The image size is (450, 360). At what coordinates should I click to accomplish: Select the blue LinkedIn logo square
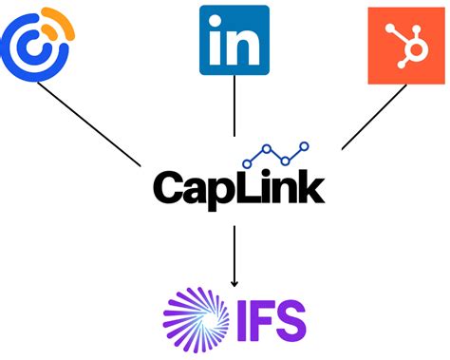tap(234, 40)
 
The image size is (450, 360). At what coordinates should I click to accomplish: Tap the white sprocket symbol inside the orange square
tap(403, 45)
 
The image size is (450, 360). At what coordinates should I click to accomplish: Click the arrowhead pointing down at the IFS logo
tap(234, 282)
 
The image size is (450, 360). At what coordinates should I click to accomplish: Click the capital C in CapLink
tap(168, 186)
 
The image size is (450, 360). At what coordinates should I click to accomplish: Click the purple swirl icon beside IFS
tap(197, 317)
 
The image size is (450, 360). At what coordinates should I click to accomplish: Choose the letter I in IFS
tap(243, 318)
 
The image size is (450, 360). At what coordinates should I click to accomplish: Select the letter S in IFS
tap(293, 318)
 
